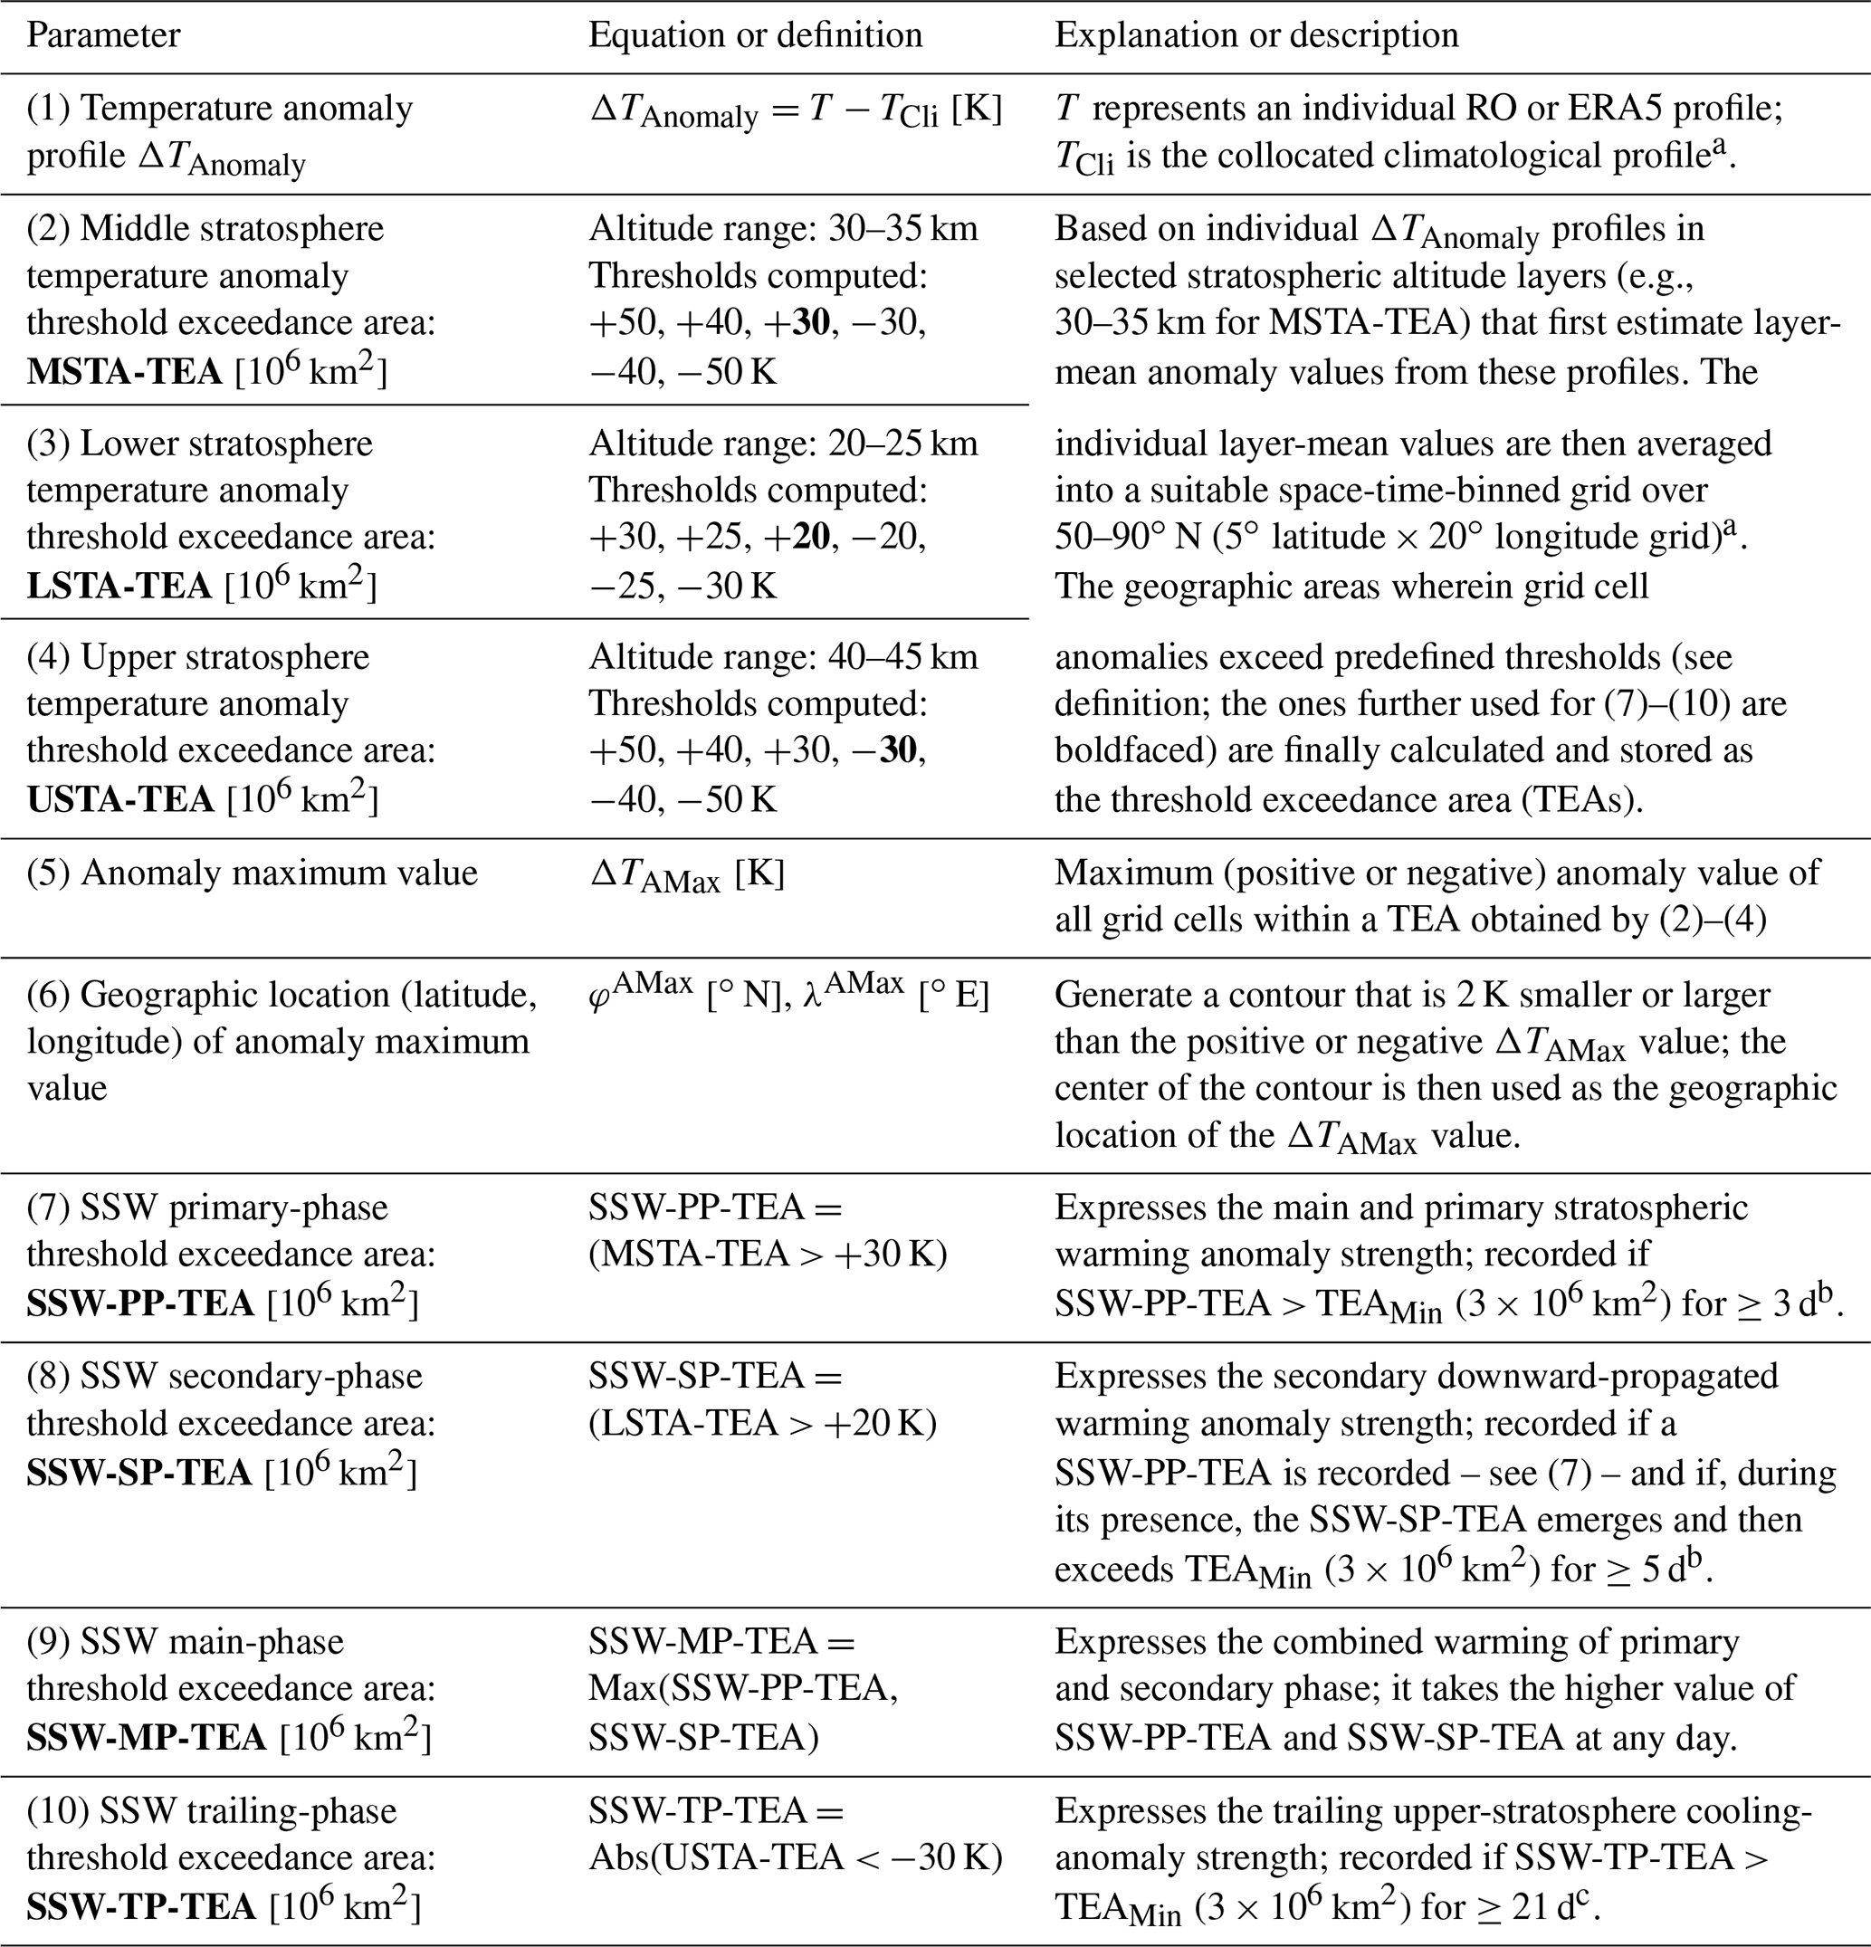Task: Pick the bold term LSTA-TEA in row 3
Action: [119, 586]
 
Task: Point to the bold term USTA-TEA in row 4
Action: [120, 799]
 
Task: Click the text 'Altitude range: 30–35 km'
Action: [783, 228]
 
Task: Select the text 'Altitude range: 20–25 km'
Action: [783, 443]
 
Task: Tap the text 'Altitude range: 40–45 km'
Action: [783, 656]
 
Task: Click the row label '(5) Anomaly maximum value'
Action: [253, 873]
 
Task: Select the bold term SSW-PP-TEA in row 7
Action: [140, 1303]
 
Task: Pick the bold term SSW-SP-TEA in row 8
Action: [139, 1472]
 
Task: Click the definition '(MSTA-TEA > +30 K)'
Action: [767, 1255]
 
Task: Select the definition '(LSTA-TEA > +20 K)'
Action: [762, 1424]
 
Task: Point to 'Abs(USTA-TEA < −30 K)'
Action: [795, 1857]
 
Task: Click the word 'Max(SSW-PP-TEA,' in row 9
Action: [743, 1689]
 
